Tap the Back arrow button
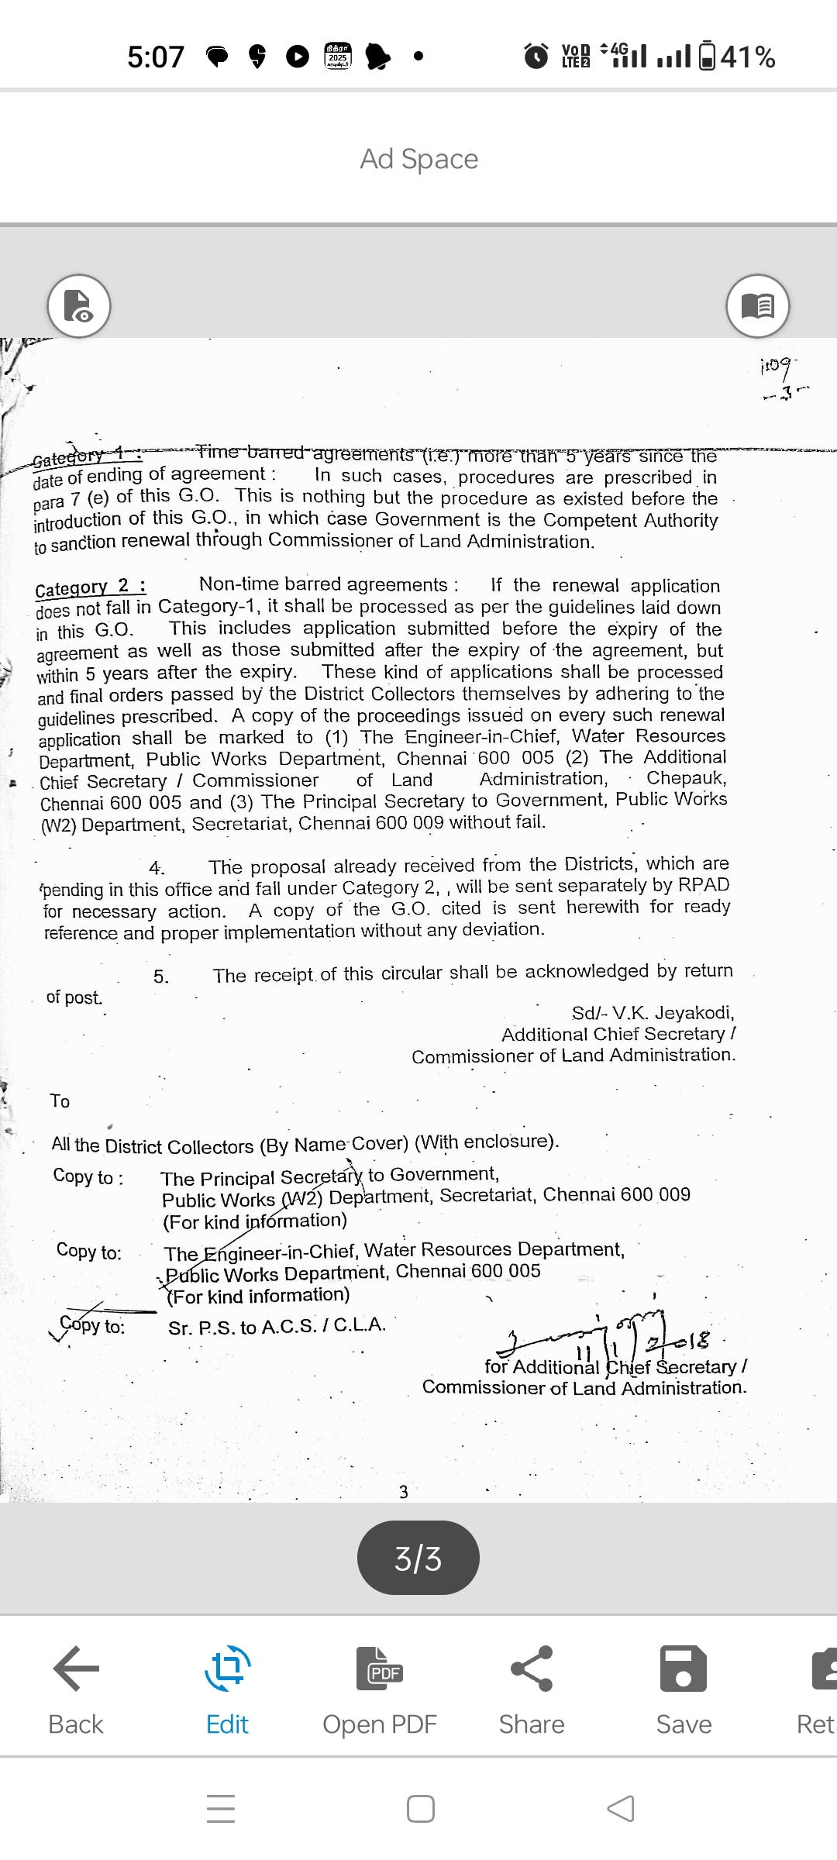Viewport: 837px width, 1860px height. (76, 1668)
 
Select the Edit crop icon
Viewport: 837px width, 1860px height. (227, 1668)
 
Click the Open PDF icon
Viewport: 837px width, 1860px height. (380, 1668)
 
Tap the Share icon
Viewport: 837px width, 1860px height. (532, 1668)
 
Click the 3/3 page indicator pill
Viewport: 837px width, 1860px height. (418, 1558)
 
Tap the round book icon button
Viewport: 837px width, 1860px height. (757, 306)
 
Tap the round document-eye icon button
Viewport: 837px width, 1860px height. (79, 306)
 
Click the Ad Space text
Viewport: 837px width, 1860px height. (418, 159)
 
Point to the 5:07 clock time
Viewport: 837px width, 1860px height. (156, 57)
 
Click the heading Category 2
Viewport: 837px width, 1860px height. (91, 587)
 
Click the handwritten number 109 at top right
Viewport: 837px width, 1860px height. (776, 364)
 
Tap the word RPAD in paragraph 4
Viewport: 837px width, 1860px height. (704, 885)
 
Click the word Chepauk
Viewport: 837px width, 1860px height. (686, 777)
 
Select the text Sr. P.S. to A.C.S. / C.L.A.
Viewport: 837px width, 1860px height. (277, 1326)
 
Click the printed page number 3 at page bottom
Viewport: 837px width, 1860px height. (403, 1492)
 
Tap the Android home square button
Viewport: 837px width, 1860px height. (420, 1809)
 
